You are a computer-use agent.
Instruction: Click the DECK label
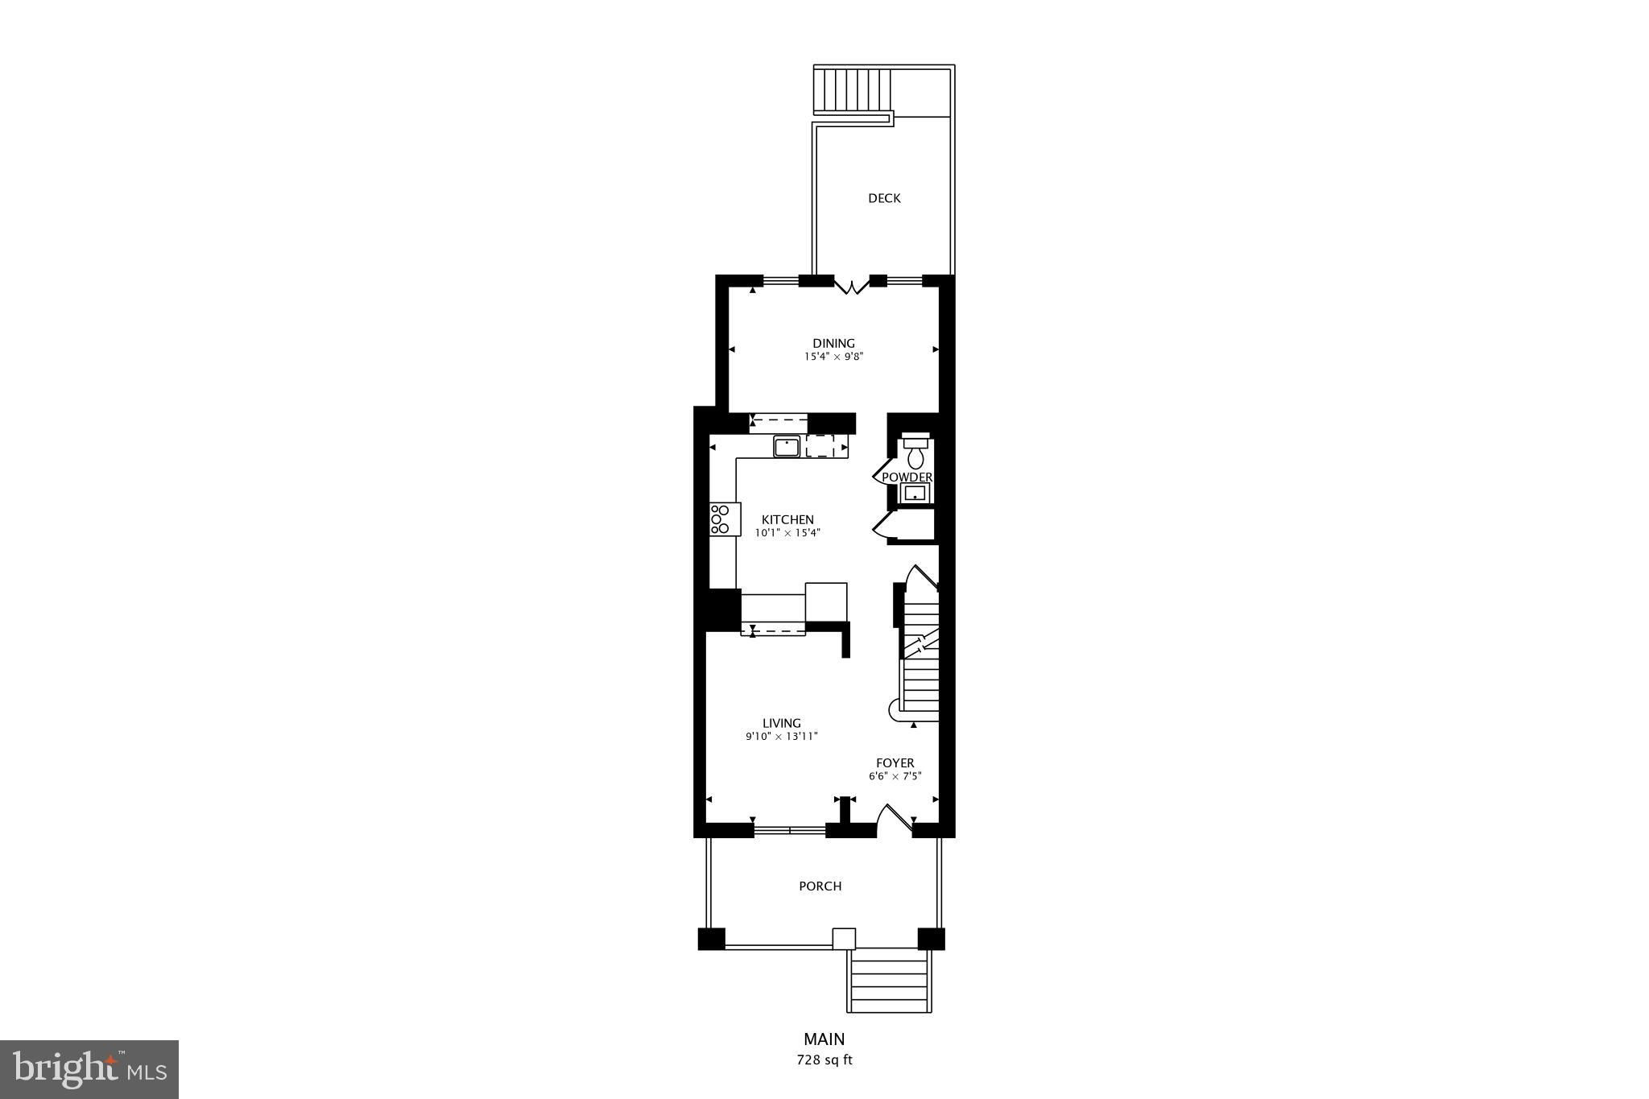(x=884, y=198)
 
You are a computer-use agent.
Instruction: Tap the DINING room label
(x=833, y=343)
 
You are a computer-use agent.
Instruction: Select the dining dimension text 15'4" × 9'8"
(x=833, y=356)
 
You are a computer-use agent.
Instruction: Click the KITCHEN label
(x=787, y=519)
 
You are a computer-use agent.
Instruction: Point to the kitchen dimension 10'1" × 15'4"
(x=787, y=532)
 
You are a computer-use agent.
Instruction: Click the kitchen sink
(x=787, y=446)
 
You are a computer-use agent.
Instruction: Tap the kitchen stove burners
(x=156, y=519)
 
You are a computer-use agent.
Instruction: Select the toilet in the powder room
(x=915, y=452)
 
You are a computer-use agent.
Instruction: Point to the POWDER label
(x=907, y=477)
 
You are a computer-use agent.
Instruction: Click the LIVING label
(x=782, y=723)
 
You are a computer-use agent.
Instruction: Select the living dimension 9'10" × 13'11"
(x=782, y=736)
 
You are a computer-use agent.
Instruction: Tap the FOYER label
(x=895, y=763)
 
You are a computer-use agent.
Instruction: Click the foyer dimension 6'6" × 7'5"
(x=895, y=776)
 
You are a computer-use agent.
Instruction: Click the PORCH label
(x=820, y=886)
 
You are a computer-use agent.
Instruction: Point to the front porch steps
(x=889, y=981)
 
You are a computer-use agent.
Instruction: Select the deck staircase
(x=853, y=90)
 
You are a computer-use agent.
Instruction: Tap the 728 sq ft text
(x=824, y=1060)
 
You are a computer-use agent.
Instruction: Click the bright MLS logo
(x=90, y=1069)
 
